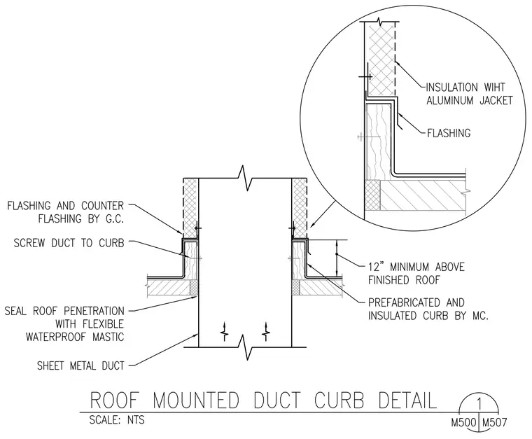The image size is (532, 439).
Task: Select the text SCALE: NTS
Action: (117, 420)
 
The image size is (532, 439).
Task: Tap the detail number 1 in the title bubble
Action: (479, 404)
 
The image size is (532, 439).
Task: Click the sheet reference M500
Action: (464, 423)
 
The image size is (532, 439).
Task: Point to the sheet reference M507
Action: (494, 423)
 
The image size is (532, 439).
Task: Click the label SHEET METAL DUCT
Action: (80, 365)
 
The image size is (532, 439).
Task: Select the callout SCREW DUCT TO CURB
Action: (69, 243)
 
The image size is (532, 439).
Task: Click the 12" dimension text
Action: (375, 267)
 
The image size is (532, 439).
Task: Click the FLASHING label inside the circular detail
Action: (449, 133)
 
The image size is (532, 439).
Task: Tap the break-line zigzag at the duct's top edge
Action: (245, 178)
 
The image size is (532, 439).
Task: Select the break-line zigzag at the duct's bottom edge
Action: (245, 347)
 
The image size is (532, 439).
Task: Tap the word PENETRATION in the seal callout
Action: (94, 311)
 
